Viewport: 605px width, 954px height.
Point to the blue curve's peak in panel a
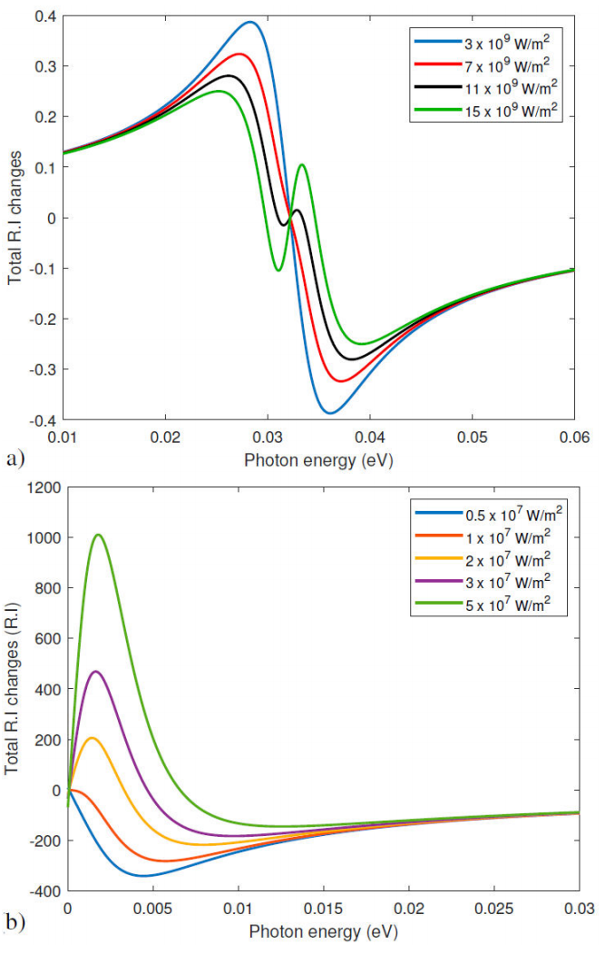tap(250, 22)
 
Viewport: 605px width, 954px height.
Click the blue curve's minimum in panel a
tap(331, 413)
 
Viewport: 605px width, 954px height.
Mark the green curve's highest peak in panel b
tap(98, 535)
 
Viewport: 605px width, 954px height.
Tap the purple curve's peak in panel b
tap(95, 672)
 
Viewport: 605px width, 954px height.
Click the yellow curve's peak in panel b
tap(91, 738)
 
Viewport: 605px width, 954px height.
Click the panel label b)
tap(15, 926)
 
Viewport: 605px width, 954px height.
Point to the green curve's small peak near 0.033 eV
tap(302, 164)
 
